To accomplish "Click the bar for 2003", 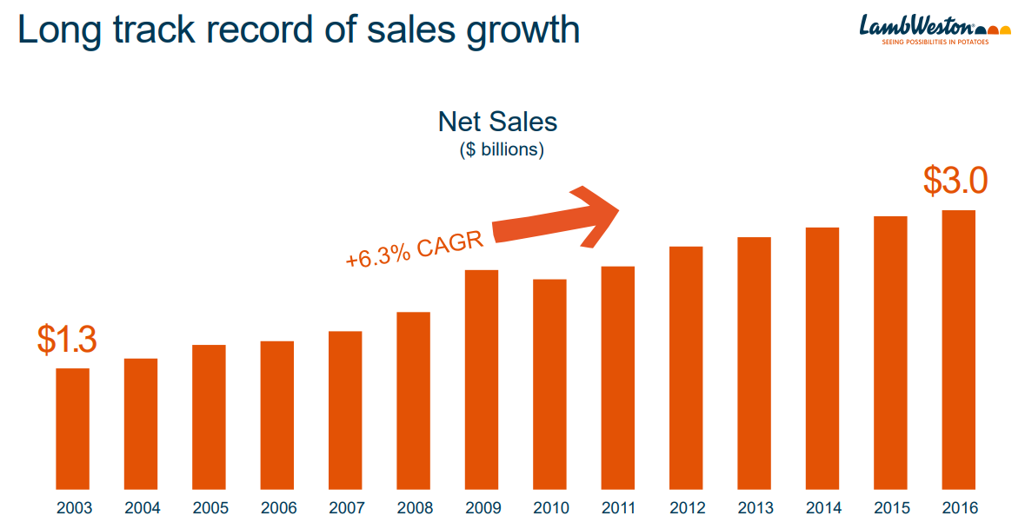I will coord(73,429).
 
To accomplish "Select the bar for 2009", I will coord(482,380).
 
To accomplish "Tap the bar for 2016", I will coord(958,350).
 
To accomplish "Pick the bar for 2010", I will coord(549,384).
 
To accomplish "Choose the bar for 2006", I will coord(277,415).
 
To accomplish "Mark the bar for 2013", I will coord(754,363).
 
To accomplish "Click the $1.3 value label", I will coord(67,340).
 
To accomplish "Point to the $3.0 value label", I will coord(955,182).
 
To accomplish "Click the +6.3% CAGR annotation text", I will coord(414,250).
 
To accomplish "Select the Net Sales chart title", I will coord(497,121).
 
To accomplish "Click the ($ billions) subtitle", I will coord(502,149).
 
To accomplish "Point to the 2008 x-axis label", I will coord(414,508).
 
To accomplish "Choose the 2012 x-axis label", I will coord(686,508).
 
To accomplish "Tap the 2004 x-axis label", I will coord(142,508).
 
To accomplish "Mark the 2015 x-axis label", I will coord(890,508).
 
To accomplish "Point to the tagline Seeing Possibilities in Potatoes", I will coord(935,42).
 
